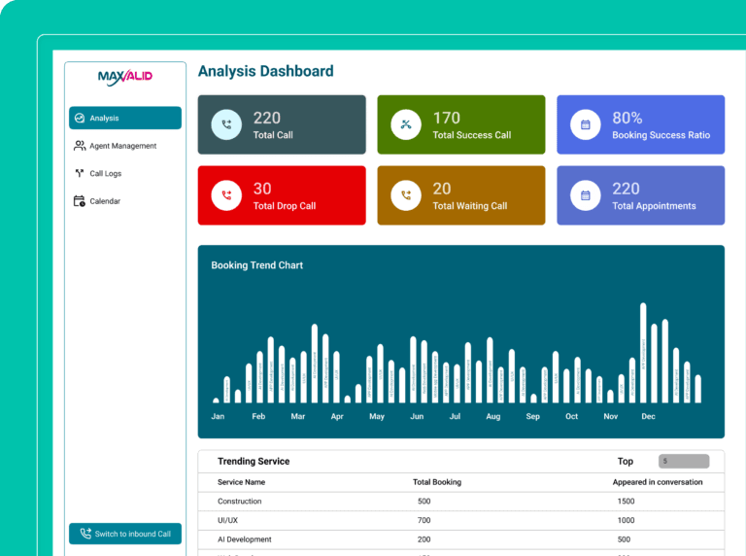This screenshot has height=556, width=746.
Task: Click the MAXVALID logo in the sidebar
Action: pos(125,77)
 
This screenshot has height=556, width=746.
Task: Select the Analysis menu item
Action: pos(124,118)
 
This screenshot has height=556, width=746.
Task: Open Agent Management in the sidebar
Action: pos(122,146)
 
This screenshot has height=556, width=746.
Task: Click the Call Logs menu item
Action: pos(105,174)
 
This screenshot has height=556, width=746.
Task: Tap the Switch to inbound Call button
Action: pos(124,534)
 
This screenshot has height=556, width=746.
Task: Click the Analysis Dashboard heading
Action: pos(265,71)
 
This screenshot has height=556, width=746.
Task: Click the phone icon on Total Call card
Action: pos(226,124)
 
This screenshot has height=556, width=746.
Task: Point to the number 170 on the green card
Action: pos(446,119)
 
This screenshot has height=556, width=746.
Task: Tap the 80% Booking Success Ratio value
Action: pos(627,119)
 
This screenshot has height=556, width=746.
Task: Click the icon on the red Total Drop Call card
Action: pos(226,195)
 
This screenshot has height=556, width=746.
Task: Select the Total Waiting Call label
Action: pos(469,206)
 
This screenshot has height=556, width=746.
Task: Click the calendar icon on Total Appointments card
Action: pos(586,195)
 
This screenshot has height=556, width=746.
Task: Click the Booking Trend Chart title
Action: pos(256,265)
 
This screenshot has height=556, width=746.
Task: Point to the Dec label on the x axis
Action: pos(648,416)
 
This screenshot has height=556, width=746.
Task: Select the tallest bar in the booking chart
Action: pos(643,352)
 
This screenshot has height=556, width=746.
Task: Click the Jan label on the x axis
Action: pos(218,416)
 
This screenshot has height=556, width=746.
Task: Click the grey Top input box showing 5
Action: pos(684,461)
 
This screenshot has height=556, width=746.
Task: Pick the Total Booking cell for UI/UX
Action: pos(424,520)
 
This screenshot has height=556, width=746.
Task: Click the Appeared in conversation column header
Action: pos(657,482)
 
